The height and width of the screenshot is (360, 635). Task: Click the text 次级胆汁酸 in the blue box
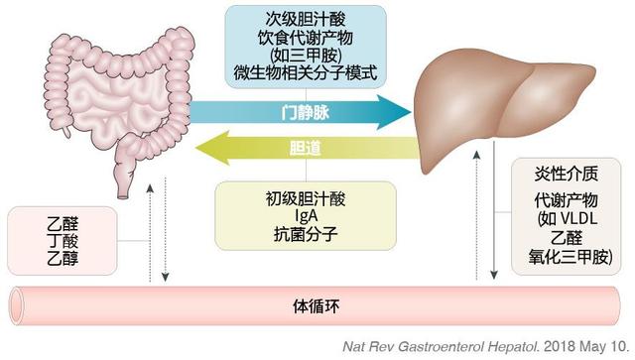tap(306, 20)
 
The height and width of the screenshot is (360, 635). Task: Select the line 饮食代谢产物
tap(306, 38)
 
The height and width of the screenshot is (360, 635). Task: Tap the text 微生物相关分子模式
tap(306, 73)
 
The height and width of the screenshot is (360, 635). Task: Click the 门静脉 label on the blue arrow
tap(306, 113)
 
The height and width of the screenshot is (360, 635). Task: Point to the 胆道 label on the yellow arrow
tap(306, 148)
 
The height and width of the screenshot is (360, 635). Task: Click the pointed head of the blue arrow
tap(410, 112)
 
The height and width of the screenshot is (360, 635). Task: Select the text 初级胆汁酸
tap(306, 199)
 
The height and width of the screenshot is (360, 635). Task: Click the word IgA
tap(306, 216)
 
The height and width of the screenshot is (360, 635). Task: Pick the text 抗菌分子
tap(306, 234)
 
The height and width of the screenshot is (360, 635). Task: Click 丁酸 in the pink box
tap(63, 241)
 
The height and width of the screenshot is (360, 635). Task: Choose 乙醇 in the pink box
tap(63, 259)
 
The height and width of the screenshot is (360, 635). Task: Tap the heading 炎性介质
tap(567, 175)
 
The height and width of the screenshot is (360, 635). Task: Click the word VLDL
tap(577, 219)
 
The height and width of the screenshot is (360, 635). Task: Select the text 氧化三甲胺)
tap(571, 257)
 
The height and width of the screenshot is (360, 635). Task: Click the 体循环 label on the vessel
tap(316, 306)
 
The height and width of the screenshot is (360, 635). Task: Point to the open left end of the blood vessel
tap(17, 306)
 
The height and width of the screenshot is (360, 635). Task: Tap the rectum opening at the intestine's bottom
tap(123, 196)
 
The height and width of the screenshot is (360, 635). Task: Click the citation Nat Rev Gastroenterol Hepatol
tap(441, 347)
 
